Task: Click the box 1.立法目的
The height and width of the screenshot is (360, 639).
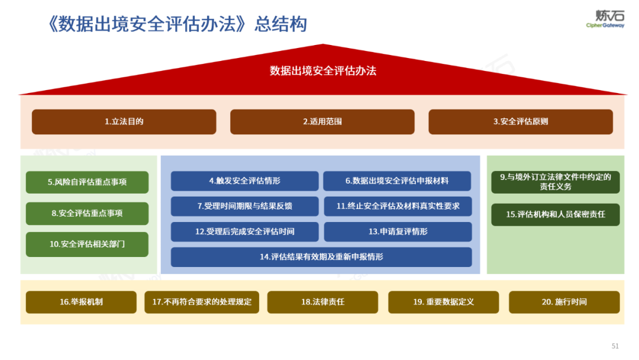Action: coord(124,121)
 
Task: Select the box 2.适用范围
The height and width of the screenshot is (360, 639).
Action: coord(322,121)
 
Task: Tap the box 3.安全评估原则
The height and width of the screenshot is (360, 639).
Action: coord(520,121)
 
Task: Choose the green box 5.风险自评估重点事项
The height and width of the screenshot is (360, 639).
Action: coord(87,182)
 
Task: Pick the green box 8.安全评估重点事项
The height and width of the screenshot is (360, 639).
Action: coord(87,213)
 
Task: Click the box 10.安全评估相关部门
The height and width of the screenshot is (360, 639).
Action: coord(87,244)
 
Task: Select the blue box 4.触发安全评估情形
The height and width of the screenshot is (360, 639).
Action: coord(244,181)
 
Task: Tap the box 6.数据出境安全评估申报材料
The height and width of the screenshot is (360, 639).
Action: coord(396,181)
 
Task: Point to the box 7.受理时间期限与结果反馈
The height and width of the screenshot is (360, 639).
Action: coord(244,206)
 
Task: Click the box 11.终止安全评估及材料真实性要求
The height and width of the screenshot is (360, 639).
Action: coord(398,206)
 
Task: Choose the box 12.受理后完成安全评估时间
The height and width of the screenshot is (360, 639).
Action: coord(244,232)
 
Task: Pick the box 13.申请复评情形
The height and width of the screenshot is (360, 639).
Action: coord(398,232)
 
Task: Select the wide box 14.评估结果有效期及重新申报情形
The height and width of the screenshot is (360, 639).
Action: coord(321,257)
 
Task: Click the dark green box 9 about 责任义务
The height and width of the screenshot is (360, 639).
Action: coord(555,182)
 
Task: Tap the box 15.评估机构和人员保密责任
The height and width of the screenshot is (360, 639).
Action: coord(555,214)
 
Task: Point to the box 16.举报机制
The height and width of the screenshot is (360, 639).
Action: coord(81,302)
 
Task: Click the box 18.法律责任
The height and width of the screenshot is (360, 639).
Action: coord(322,302)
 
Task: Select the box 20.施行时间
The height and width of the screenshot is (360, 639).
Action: coord(564,302)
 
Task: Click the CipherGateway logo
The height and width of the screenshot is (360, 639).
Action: coord(605,19)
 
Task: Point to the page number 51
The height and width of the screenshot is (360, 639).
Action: coord(615,346)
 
